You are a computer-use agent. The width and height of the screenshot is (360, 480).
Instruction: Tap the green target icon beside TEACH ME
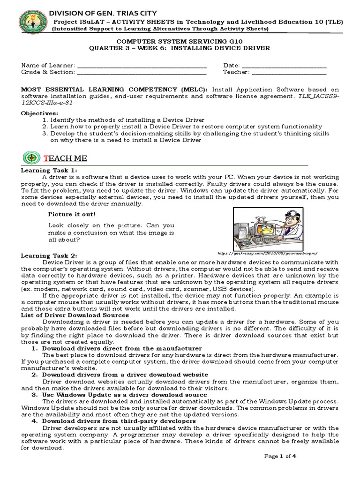click(31, 158)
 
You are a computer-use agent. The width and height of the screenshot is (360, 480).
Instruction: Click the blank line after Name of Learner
click(141, 66)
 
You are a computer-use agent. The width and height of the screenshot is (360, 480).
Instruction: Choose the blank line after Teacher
click(289, 73)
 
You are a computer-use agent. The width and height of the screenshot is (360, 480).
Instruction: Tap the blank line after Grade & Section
click(141, 73)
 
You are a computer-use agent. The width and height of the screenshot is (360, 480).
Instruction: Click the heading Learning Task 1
click(49, 170)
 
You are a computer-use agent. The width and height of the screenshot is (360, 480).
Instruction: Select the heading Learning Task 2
click(49, 255)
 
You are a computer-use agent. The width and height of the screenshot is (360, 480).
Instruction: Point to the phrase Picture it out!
click(72, 214)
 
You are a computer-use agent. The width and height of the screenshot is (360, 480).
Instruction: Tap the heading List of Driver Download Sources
click(75, 315)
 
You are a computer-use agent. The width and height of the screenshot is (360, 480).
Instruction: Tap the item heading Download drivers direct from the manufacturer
click(122, 348)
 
